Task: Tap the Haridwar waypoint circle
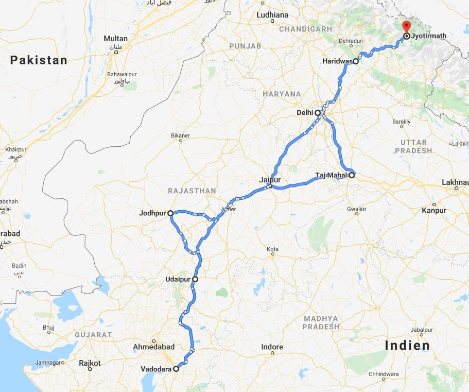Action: click(356, 61)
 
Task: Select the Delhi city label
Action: click(304, 112)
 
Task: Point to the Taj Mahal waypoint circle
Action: click(352, 175)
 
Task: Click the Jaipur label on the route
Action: click(270, 180)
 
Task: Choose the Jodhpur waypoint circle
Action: click(170, 212)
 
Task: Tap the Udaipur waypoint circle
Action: click(195, 279)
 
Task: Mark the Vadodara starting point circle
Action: click(176, 369)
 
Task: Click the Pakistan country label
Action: click(39, 60)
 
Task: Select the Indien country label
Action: click(407, 345)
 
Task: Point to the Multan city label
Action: click(115, 39)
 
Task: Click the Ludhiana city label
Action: click(272, 15)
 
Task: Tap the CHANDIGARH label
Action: click(306, 29)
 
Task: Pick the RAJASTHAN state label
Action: click(192, 191)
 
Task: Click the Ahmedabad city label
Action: click(153, 347)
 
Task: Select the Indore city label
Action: click(272, 347)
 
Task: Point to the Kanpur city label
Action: click(434, 210)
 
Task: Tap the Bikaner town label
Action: click(180, 135)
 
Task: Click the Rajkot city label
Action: click(90, 363)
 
